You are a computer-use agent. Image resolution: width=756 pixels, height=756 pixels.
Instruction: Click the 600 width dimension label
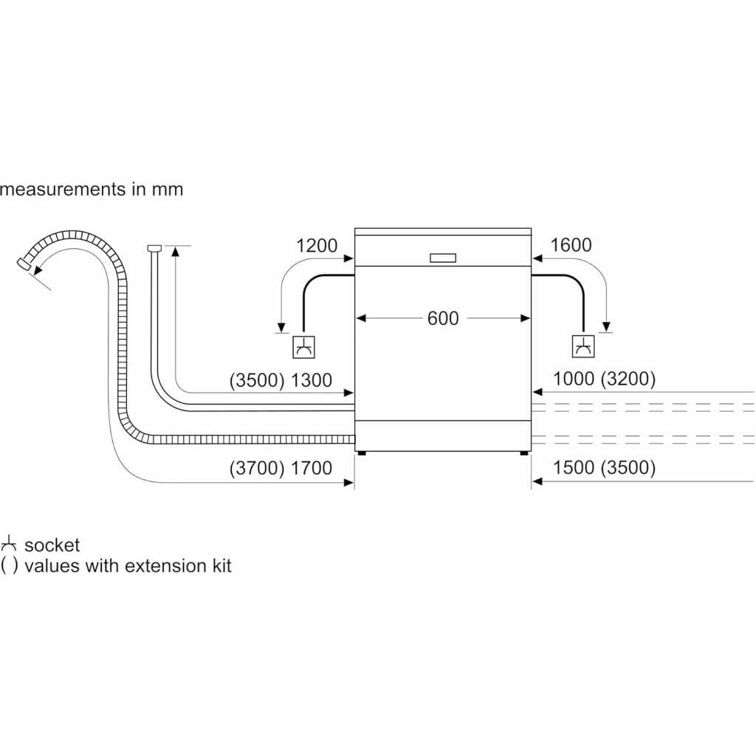(443, 318)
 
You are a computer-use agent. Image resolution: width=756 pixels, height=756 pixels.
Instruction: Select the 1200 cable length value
(317, 246)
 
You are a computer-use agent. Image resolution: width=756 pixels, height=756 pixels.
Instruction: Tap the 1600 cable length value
(571, 246)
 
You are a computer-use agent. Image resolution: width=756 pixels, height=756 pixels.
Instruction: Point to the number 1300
(312, 380)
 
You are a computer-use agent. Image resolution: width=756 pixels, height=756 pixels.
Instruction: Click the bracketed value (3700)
(256, 467)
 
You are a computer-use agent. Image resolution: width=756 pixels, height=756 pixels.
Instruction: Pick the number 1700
(312, 467)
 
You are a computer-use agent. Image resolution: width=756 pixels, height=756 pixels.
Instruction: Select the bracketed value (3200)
(628, 379)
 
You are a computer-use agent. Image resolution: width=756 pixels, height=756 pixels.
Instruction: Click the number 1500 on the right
(573, 467)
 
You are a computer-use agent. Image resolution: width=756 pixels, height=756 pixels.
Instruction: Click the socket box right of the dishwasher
(583, 346)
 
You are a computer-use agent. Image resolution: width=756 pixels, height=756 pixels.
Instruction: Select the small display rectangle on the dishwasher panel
(442, 258)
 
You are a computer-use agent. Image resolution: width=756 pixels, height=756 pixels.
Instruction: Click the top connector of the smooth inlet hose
(154, 248)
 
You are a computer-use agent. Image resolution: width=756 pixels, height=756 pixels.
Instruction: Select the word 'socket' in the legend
(52, 546)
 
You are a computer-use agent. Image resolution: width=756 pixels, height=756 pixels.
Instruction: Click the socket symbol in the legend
(10, 546)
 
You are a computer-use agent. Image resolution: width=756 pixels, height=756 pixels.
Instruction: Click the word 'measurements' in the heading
(63, 189)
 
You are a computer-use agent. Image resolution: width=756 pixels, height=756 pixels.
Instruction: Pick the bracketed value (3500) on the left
(256, 380)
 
